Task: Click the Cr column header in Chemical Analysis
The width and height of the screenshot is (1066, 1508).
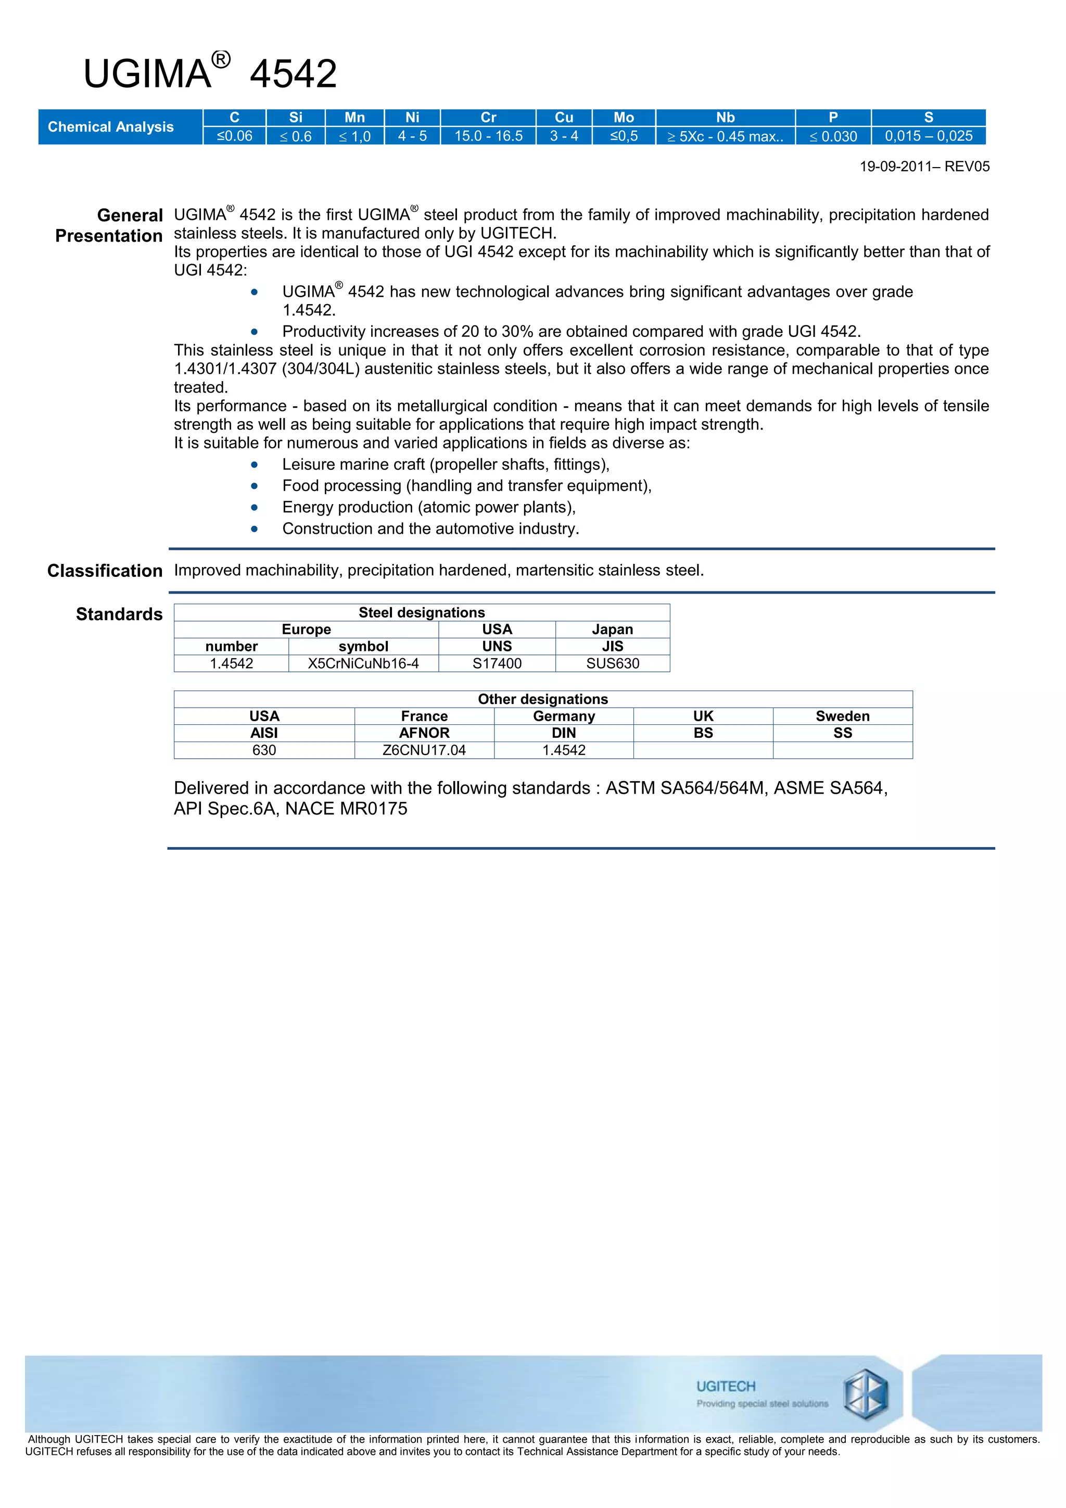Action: pos(488,118)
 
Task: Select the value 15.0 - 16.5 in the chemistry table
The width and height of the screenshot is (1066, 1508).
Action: pos(488,136)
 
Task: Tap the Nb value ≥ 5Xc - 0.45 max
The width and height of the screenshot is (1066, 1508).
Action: pos(725,136)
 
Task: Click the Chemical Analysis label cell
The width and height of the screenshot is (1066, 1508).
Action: pos(111,127)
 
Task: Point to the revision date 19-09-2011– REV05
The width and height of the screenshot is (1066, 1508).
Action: pos(924,167)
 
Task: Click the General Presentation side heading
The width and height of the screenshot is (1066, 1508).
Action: pos(109,225)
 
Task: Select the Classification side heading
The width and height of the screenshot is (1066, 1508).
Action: pos(105,571)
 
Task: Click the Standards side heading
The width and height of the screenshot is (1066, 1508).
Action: pos(119,614)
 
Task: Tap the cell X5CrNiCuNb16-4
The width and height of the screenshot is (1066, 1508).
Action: pos(363,663)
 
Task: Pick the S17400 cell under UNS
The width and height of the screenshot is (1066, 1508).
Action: pos(497,663)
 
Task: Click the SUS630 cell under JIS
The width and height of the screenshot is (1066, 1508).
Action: pos(613,663)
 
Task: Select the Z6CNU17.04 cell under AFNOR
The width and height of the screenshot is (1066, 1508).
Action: pos(424,750)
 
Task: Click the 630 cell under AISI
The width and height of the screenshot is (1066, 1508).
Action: pos(264,750)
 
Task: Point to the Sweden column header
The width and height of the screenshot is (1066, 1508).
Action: pos(842,716)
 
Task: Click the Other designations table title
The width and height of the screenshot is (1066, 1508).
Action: pos(543,699)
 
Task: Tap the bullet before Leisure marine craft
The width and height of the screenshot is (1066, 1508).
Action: pos(254,465)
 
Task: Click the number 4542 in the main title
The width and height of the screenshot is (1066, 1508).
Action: pos(294,74)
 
